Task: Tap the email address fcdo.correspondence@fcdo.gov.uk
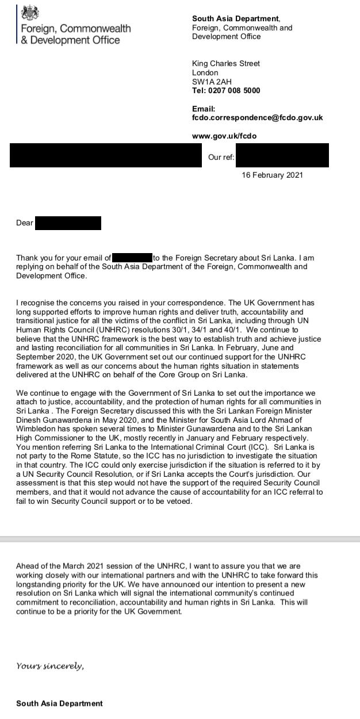257,117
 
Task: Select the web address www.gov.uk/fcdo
224,136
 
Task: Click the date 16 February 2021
273,175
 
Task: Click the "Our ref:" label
221,157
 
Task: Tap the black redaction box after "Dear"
68,223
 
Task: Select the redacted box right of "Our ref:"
282,156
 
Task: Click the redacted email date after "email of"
132,258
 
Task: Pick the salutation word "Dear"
25,223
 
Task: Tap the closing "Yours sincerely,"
50,666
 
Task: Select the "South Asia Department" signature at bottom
60,703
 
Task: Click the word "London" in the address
205,72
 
